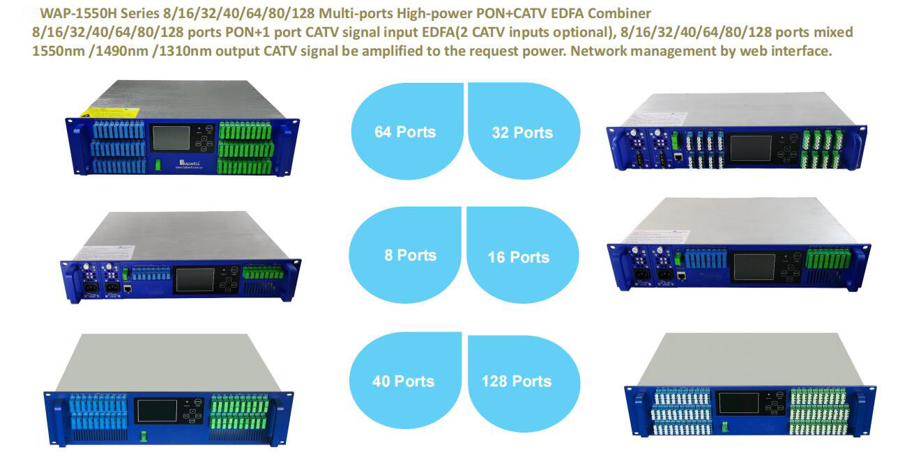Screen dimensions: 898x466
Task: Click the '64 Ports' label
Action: [405, 132]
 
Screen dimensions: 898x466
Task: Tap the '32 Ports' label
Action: [522, 132]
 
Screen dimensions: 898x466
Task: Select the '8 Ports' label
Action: [410, 255]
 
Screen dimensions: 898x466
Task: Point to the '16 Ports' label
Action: [518, 257]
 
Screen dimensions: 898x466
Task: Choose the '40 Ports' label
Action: [403, 381]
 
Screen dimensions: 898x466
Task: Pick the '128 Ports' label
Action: [517, 381]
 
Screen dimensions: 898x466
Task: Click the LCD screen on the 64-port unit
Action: [172, 137]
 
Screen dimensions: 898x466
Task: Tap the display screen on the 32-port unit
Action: [750, 148]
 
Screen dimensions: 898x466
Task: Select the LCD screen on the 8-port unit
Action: [195, 280]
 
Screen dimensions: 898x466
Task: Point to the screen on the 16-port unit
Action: [754, 267]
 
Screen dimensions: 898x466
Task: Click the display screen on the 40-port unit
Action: [157, 411]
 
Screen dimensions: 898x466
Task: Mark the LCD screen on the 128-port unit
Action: [738, 403]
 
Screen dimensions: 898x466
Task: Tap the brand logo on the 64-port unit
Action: [189, 164]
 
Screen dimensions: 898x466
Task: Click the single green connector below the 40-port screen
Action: [143, 437]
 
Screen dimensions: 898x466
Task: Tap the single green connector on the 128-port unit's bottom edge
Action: [725, 427]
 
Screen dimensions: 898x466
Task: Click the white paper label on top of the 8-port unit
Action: [105, 252]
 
